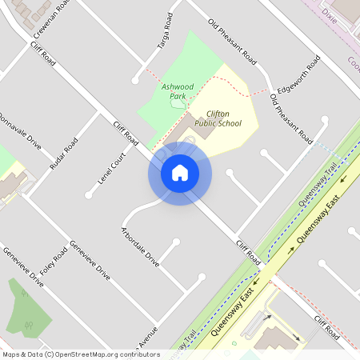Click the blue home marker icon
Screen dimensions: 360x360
click(x=180, y=173)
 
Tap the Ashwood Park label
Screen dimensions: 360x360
click(x=178, y=91)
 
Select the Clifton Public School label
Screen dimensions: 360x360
click(x=218, y=118)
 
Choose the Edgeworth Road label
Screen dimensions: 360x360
click(x=298, y=78)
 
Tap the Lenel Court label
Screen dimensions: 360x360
click(x=114, y=169)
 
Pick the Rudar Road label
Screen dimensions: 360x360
click(x=63, y=155)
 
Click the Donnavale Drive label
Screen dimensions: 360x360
click(x=19, y=130)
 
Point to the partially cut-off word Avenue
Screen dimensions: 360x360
click(x=147, y=337)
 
